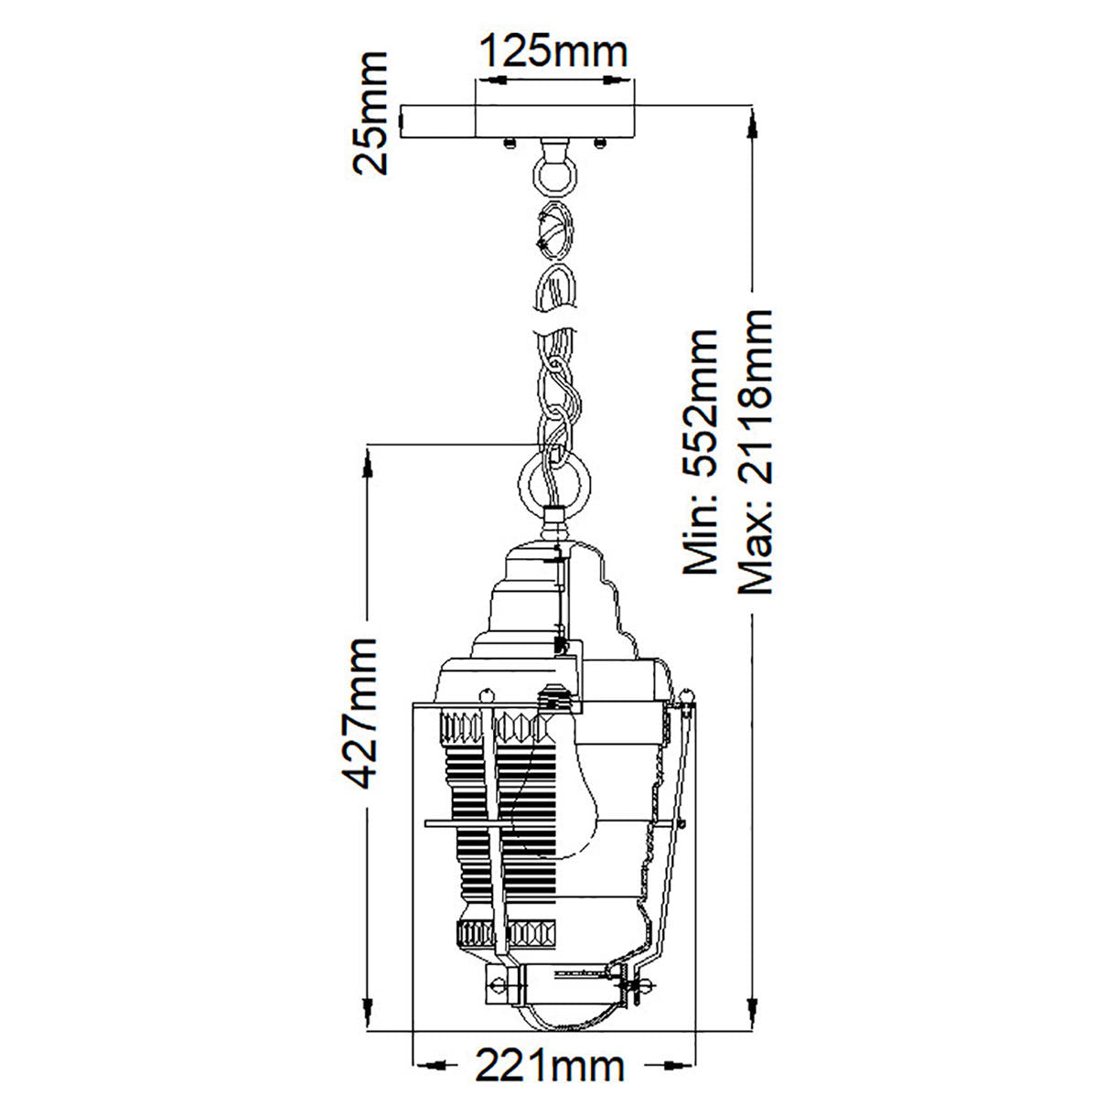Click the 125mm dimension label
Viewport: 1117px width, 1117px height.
pyautogui.click(x=554, y=52)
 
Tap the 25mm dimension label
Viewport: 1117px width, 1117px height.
pyautogui.click(x=371, y=113)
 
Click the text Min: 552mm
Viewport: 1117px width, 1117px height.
pyautogui.click(x=700, y=452)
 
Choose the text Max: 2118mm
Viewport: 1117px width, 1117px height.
pyautogui.click(x=755, y=452)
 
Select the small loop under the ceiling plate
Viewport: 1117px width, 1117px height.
pyautogui.click(x=554, y=175)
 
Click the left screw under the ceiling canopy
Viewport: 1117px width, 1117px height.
pyautogui.click(x=510, y=143)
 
